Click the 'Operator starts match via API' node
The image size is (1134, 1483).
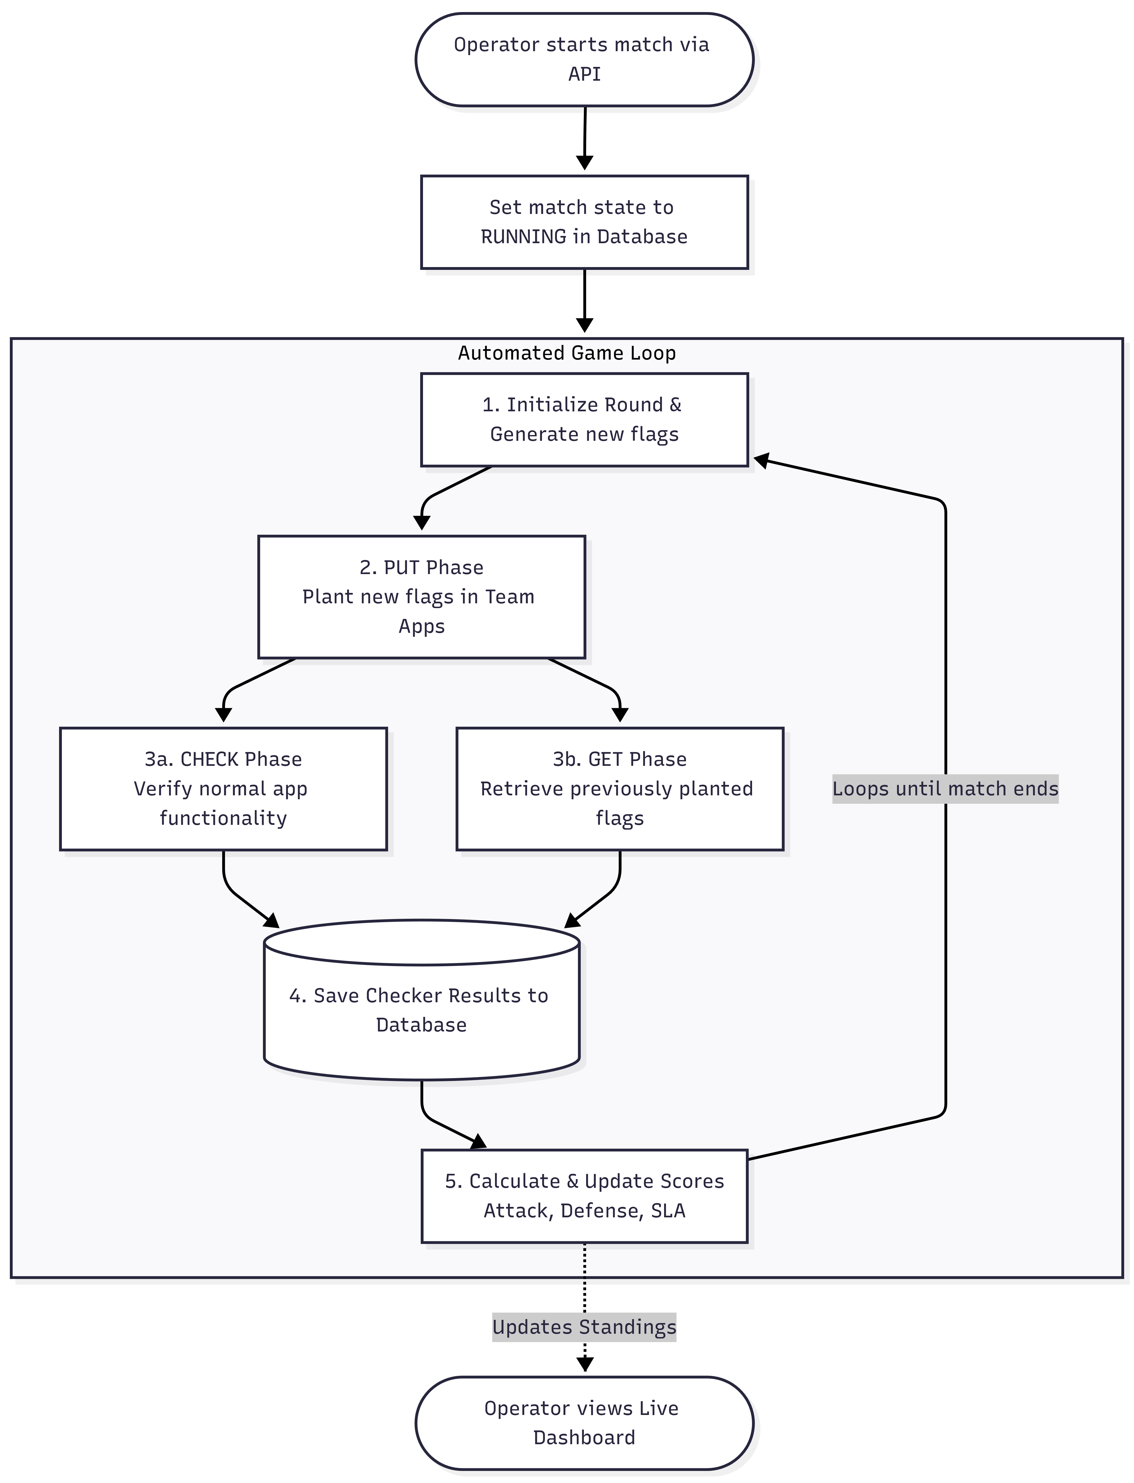pos(584,59)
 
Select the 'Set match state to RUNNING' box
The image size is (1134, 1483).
pos(584,222)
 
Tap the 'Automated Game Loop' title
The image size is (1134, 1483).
pos(567,353)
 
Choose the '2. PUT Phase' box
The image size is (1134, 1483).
pos(422,597)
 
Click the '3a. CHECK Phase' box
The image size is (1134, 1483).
pos(223,789)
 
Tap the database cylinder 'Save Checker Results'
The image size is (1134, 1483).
pos(422,1000)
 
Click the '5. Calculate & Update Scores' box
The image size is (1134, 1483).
pos(584,1196)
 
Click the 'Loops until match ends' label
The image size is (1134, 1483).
pos(945,789)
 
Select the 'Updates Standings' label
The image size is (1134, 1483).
pos(584,1327)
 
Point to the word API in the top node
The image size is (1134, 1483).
pos(584,74)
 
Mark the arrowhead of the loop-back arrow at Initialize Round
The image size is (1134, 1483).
pos(761,461)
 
